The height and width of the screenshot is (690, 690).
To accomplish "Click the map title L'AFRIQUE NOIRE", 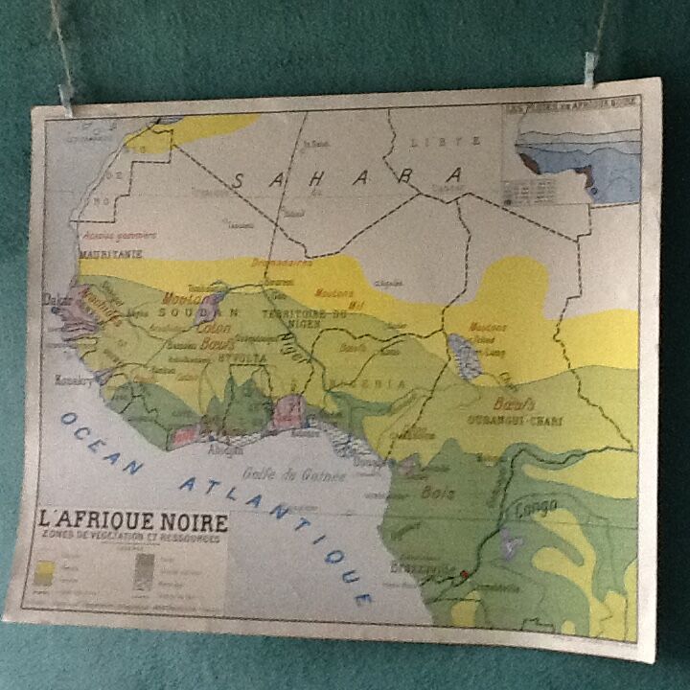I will tap(133, 523).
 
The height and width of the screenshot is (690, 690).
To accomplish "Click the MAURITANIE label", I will tap(111, 254).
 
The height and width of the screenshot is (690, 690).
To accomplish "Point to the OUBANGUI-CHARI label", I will tap(516, 421).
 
